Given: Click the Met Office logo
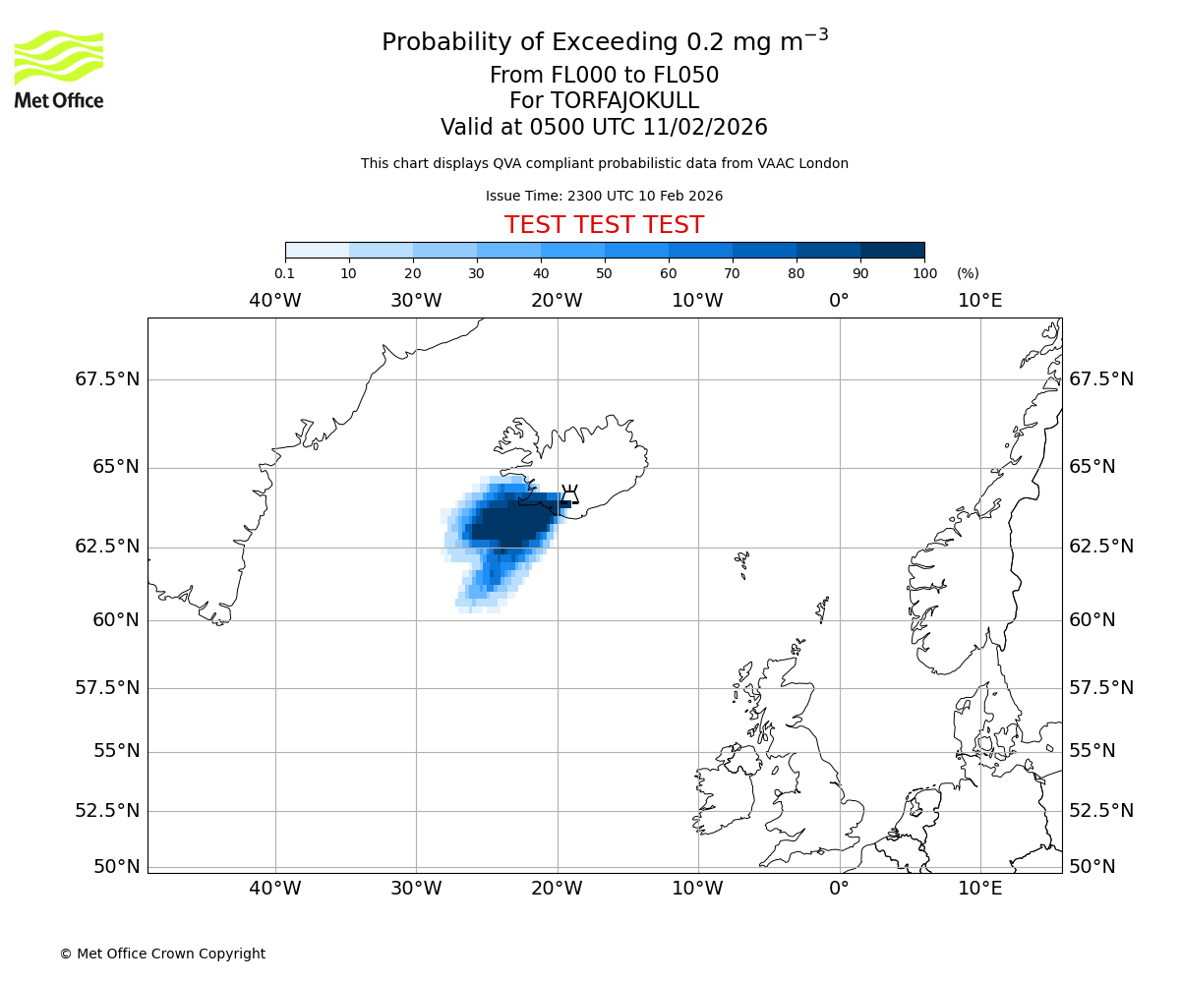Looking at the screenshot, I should point(59,69).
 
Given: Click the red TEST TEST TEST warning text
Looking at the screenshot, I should point(604,225).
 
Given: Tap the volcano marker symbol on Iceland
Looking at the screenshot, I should point(569,493).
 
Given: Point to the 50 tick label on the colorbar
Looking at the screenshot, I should point(605,273).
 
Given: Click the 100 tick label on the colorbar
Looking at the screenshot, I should point(924,273).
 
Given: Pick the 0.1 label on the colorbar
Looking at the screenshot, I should point(284,273).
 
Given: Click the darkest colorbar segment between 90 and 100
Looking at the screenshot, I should point(892,250).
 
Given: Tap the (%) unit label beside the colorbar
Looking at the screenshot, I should point(968,273).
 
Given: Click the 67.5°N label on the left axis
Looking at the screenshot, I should point(107,379).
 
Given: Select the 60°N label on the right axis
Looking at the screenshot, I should point(1092,620).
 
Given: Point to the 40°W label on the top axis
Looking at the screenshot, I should point(275,300).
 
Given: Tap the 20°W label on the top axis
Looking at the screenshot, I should point(557,300).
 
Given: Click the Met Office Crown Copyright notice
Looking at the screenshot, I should point(162,954).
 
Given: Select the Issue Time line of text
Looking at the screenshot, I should point(604,196).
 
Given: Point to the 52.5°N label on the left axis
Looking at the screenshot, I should point(107,811).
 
